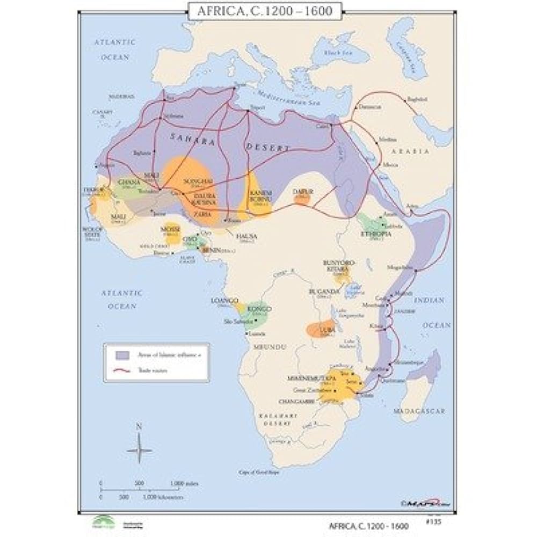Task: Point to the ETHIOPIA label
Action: click(375, 234)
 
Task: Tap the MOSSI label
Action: click(170, 229)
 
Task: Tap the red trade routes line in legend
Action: click(123, 370)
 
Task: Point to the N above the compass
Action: click(139, 426)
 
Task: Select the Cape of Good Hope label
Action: click(258, 472)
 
